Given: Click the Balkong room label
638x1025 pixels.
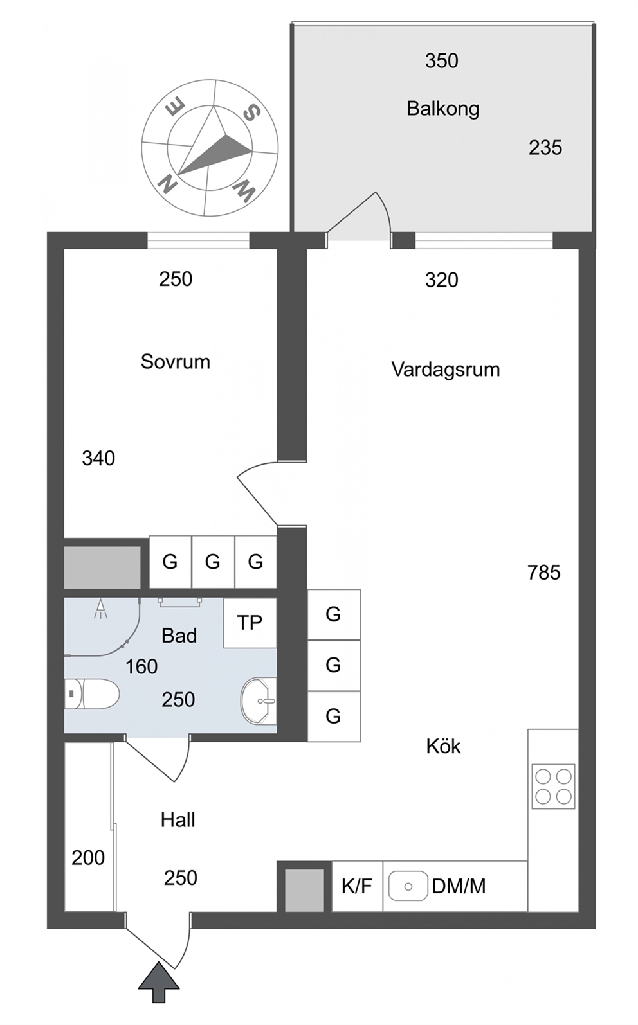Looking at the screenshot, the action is click(x=443, y=109).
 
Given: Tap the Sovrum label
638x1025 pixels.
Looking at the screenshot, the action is click(x=176, y=362).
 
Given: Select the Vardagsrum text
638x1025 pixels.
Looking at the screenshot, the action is click(x=446, y=370).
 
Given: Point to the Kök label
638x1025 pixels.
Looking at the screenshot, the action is click(x=443, y=746).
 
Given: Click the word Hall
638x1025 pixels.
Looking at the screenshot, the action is click(x=178, y=820).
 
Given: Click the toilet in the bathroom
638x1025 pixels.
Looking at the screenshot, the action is click(x=91, y=693).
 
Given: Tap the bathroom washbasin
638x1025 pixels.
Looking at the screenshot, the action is click(x=259, y=701).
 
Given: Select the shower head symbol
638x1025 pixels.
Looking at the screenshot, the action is click(x=101, y=609).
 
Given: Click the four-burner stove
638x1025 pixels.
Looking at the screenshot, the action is click(x=553, y=786).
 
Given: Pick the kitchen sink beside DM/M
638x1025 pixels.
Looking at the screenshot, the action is click(x=408, y=886).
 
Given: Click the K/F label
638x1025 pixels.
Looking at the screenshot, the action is click(x=357, y=886).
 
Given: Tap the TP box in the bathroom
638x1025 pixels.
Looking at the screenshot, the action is click(x=250, y=623).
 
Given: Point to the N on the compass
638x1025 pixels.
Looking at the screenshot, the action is click(x=168, y=184).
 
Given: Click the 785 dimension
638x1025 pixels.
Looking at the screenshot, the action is click(x=543, y=573).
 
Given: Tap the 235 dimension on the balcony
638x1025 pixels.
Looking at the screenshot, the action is click(x=545, y=148).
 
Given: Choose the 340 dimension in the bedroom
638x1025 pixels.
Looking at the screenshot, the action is click(x=98, y=458).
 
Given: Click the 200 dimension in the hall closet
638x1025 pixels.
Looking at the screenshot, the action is click(x=88, y=857).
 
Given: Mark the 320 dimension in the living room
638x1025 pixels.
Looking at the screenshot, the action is click(x=441, y=280).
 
